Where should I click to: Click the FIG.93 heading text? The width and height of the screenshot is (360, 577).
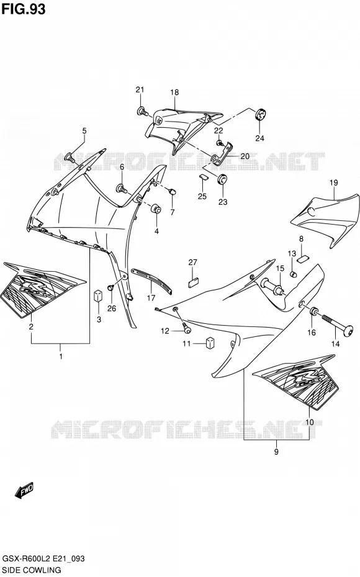24,9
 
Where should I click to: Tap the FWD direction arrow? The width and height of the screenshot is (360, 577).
25,490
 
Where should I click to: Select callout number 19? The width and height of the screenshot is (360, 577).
333,182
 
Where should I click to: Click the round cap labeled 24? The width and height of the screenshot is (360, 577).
261,114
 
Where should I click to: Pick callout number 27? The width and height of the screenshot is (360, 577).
193,262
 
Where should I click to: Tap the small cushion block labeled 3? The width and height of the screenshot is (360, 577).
97,295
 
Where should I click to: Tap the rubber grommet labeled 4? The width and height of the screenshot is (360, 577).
156,208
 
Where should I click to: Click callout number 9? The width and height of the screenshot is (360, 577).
276,452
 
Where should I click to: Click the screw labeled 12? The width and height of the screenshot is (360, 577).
186,328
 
